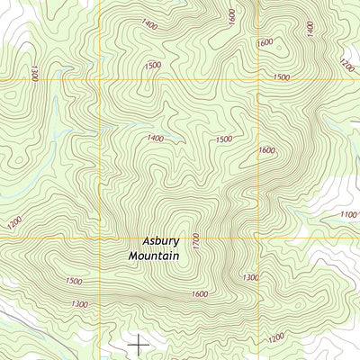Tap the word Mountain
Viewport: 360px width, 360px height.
coord(154,256)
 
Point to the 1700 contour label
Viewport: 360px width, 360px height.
coord(194,241)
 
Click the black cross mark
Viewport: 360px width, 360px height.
coord(139,343)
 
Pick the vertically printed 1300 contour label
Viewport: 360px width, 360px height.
coord(34,72)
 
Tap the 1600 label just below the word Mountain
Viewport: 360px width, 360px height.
coord(200,294)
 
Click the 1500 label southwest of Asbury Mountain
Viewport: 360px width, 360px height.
coord(74,281)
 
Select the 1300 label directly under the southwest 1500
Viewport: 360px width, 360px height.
coord(79,305)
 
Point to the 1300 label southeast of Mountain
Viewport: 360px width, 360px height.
coord(251,277)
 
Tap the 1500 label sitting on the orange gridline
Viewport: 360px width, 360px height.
coord(281,78)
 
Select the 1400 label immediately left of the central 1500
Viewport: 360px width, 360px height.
coord(155,138)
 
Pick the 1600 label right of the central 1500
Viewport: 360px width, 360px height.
coord(266,150)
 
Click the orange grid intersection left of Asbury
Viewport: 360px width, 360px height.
coord(99,239)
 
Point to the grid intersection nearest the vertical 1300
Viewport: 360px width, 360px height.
coord(99,80)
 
